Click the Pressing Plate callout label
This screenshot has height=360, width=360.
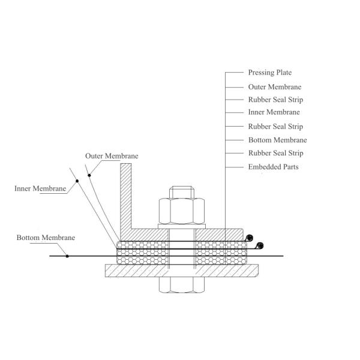pyautogui.click(x=269, y=73)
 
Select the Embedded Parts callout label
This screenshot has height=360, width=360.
pyautogui.click(x=273, y=167)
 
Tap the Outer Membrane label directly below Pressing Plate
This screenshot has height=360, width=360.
pyautogui.click(x=274, y=87)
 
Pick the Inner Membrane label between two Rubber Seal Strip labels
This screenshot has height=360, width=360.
pyautogui.click(x=274, y=112)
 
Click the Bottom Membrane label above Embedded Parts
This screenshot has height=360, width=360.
pyautogui.click(x=277, y=140)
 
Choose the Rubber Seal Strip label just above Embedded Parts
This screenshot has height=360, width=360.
pyautogui.click(x=275, y=154)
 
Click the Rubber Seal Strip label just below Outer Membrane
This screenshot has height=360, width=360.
pyautogui.click(x=275, y=100)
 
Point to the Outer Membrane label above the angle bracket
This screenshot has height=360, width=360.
pyautogui.click(x=112, y=156)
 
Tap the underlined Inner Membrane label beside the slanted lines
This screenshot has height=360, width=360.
pyautogui.click(x=40, y=188)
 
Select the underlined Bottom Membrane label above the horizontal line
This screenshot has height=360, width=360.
pyautogui.click(x=46, y=238)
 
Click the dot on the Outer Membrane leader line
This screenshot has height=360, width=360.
pyautogui.click(x=89, y=175)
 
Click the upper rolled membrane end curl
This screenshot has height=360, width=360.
pyautogui.click(x=250, y=237)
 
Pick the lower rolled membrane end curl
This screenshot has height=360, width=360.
pyautogui.click(x=260, y=245)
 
